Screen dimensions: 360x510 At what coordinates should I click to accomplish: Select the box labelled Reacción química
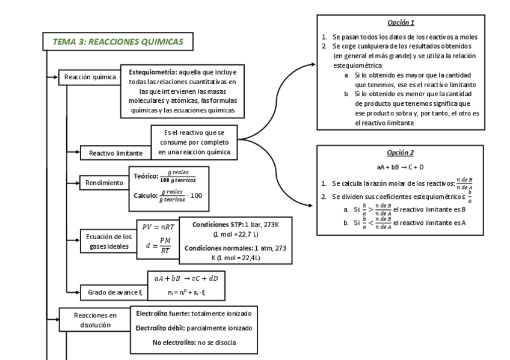(x=90, y=77)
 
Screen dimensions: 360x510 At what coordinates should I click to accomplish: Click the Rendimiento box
(x=104, y=182)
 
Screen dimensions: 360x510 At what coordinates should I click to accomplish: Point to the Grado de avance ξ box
(x=114, y=293)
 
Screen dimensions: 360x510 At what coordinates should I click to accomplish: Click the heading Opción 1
(x=401, y=23)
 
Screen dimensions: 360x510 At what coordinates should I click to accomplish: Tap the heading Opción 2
(x=401, y=153)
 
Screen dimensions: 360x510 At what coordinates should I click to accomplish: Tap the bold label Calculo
(x=145, y=195)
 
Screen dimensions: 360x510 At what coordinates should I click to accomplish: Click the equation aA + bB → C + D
(x=401, y=166)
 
